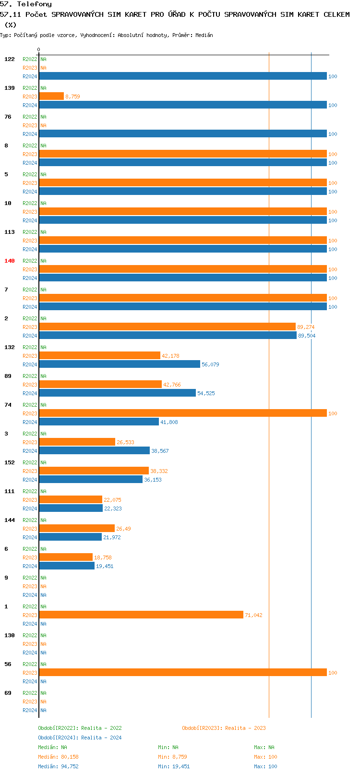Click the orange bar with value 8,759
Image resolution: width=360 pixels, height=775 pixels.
(x=51, y=96)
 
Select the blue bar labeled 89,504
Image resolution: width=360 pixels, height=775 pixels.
(x=168, y=335)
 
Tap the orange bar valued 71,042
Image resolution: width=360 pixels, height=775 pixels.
(x=141, y=615)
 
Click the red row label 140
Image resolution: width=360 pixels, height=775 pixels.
(x=10, y=261)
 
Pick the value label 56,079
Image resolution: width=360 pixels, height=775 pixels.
(x=210, y=364)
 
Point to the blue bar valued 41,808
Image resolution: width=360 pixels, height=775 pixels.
(x=99, y=422)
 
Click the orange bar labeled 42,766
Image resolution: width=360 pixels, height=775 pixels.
(x=100, y=384)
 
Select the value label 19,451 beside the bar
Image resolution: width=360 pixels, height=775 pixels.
(x=105, y=566)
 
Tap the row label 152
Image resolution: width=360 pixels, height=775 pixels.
(x=10, y=462)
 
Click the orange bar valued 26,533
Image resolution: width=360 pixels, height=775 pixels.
(x=77, y=442)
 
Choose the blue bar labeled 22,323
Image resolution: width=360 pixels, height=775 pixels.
(x=71, y=508)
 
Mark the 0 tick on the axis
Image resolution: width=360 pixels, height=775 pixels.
(x=39, y=50)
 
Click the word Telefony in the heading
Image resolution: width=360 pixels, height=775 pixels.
(x=34, y=4)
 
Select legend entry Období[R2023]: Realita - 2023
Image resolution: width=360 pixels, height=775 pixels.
(x=224, y=728)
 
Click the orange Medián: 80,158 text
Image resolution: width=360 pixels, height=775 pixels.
(x=58, y=757)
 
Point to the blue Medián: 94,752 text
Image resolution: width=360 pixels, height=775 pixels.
(x=58, y=766)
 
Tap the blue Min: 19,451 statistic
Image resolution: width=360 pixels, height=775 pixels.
(x=174, y=766)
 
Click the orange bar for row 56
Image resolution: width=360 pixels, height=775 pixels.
(x=183, y=672)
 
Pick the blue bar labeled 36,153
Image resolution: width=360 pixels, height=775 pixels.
(x=91, y=479)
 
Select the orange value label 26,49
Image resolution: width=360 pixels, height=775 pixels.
(x=123, y=529)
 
